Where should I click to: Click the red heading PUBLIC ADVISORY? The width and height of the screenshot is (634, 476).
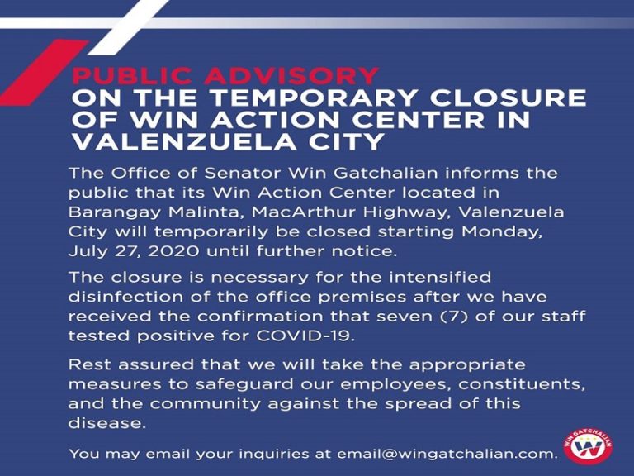click(225, 76)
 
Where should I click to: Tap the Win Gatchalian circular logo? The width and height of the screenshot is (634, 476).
click(588, 446)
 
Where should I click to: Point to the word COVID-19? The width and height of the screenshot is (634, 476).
click(305, 336)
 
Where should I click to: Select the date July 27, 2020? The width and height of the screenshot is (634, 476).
click(134, 251)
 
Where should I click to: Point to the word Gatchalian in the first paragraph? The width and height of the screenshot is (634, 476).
click(386, 173)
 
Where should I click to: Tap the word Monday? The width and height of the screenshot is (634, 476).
click(501, 232)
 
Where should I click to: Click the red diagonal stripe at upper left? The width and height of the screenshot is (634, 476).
click(43, 73)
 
